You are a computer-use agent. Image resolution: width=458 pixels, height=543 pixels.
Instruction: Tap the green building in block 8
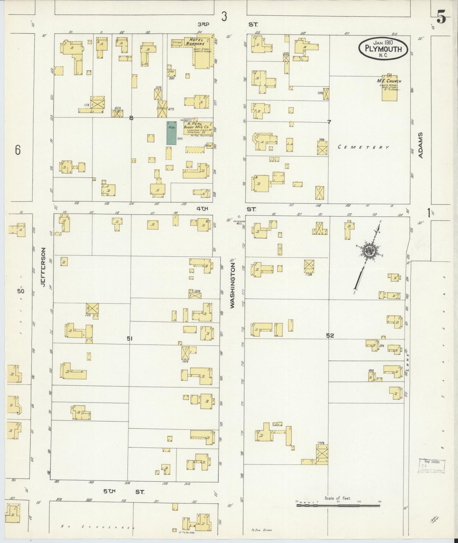(x=171, y=133)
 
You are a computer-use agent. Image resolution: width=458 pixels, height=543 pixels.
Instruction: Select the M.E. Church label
(x=389, y=81)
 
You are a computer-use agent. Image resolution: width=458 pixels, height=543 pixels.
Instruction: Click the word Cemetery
(x=363, y=147)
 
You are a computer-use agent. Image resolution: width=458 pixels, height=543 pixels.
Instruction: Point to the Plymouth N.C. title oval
(x=383, y=48)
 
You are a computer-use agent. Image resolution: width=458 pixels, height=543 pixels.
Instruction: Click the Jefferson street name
(x=43, y=267)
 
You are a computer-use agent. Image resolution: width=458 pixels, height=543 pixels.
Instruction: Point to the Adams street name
(x=421, y=145)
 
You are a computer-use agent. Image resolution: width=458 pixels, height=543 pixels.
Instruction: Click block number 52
(x=330, y=336)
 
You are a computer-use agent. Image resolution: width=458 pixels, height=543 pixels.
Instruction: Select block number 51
(x=129, y=339)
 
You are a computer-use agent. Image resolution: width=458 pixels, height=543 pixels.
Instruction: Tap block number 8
(x=131, y=118)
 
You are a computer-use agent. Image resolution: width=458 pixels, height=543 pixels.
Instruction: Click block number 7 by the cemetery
(x=329, y=122)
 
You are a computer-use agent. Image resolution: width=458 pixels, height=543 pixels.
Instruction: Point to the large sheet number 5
(x=441, y=18)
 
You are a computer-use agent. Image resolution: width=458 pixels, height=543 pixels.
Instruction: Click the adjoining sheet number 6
(x=18, y=150)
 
